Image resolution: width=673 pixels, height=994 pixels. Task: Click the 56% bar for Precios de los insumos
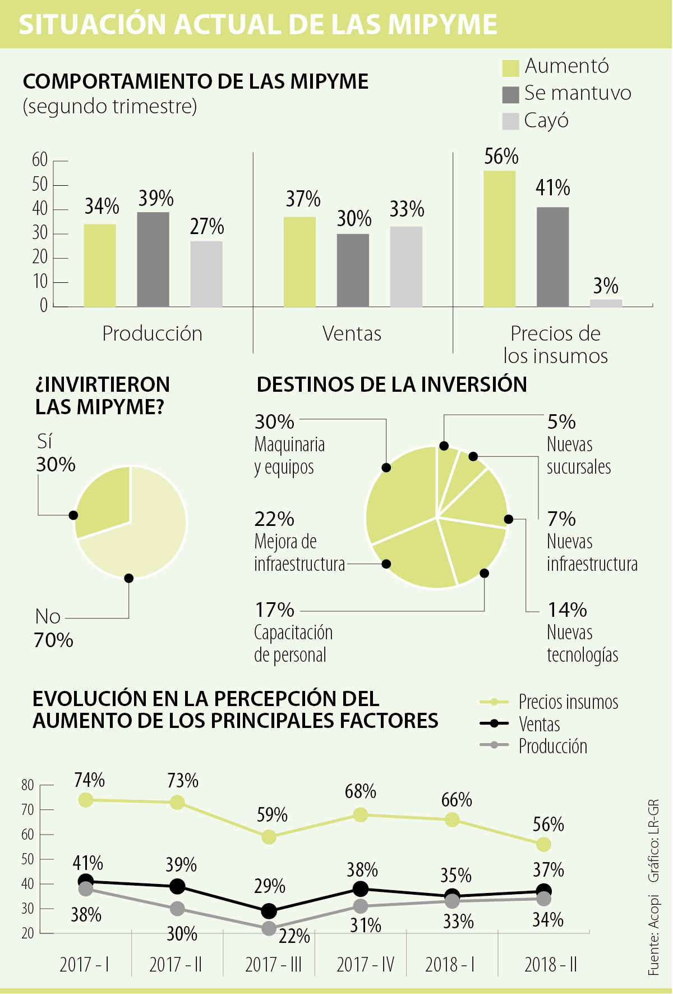click(x=499, y=239)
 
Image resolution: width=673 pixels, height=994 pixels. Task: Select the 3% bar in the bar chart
click(x=606, y=303)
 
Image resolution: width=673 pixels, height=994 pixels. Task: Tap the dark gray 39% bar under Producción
click(x=153, y=259)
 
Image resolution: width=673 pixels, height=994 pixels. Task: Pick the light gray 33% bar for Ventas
click(x=406, y=267)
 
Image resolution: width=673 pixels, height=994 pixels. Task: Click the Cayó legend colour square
click(x=510, y=121)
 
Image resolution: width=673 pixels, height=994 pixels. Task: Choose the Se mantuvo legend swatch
click(x=510, y=94)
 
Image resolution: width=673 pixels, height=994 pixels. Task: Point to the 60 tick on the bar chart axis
click(x=40, y=161)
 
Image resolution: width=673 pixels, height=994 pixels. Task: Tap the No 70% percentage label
click(x=54, y=640)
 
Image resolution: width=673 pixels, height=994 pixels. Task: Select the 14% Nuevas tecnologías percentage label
click(x=567, y=610)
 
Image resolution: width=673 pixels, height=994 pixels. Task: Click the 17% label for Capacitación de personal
click(x=275, y=610)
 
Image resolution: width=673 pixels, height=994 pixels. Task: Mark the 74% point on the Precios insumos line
click(x=86, y=800)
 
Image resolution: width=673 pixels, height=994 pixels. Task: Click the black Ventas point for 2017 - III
click(x=269, y=911)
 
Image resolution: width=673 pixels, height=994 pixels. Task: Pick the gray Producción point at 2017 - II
click(x=177, y=909)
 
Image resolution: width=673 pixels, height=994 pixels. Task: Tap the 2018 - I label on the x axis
click(x=450, y=965)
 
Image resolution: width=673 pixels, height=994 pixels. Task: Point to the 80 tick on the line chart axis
click(x=28, y=785)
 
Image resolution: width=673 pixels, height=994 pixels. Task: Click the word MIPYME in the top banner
click(x=443, y=25)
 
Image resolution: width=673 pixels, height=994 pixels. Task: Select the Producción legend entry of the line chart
click(x=552, y=746)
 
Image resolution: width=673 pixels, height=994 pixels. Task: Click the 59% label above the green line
click(x=273, y=815)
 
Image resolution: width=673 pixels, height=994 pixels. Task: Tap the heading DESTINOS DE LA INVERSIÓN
click(x=391, y=384)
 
